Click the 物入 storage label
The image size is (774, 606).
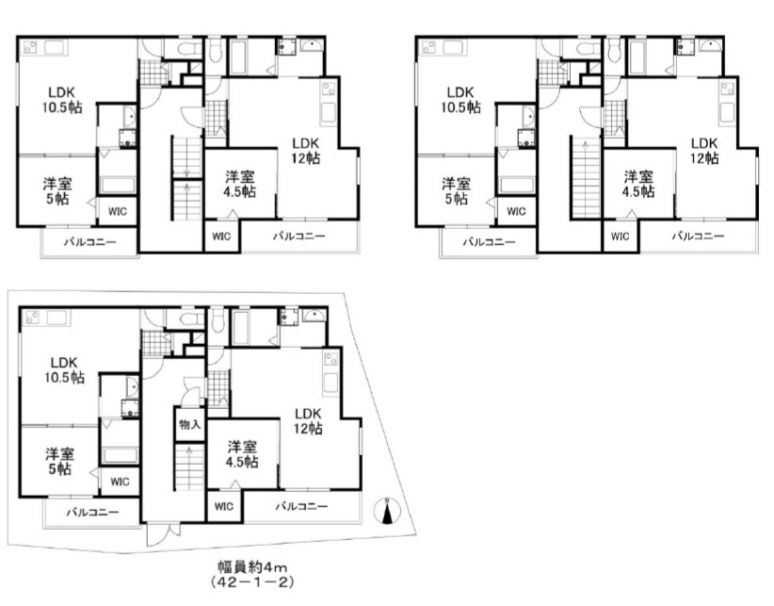click(189, 424)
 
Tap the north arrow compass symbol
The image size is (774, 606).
click(387, 511)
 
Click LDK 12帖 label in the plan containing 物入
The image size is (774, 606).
click(308, 420)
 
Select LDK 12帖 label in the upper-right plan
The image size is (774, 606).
click(703, 151)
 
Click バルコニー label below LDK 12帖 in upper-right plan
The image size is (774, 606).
click(698, 236)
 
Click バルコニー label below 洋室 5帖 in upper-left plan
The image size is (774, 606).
click(89, 242)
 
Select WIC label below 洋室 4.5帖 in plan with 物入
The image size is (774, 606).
click(223, 506)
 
